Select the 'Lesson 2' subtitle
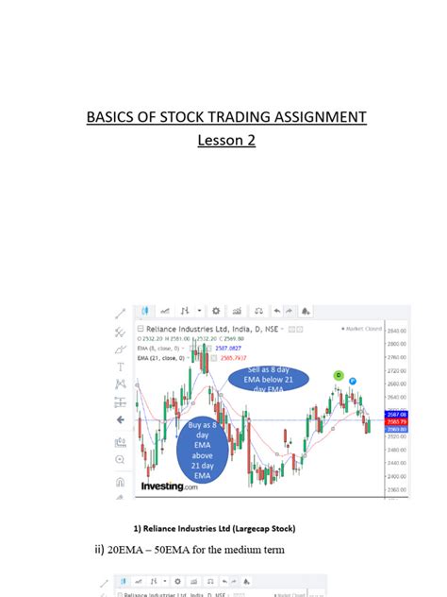[225, 141]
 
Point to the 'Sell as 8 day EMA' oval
[260, 381]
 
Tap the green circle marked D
[339, 375]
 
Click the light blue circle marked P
[352, 382]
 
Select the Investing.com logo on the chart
[169, 487]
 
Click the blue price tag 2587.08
[396, 414]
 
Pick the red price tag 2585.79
[396, 421]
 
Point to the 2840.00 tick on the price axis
[396, 331]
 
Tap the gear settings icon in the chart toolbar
[216, 311]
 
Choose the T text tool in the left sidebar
[120, 367]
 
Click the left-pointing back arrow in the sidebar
[120, 418]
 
